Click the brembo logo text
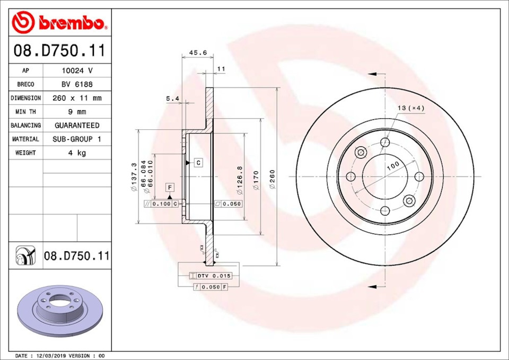(x=71, y=23)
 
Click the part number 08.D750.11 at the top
(x=59, y=51)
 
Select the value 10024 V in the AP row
(x=77, y=71)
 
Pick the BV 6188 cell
(x=77, y=84)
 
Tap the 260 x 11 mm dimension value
(x=77, y=98)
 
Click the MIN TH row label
(x=25, y=112)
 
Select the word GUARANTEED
(x=77, y=126)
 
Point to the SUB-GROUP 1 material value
(x=77, y=139)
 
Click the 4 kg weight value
(x=77, y=153)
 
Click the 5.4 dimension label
(x=172, y=99)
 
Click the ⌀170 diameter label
(x=256, y=179)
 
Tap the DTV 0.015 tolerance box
(x=211, y=276)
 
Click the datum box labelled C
(x=198, y=163)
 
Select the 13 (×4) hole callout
(x=411, y=108)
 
